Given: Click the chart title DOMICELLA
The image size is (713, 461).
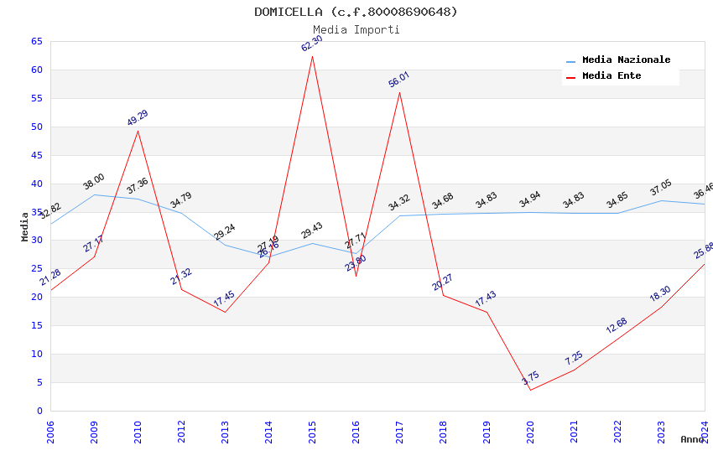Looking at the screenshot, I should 356,12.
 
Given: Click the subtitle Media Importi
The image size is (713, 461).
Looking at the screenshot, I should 356,29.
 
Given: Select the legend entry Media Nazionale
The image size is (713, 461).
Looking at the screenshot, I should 626,60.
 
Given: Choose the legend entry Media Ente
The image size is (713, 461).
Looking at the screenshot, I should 612,75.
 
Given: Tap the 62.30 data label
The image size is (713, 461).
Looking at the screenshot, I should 312,44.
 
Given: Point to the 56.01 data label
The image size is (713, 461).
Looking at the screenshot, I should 399,80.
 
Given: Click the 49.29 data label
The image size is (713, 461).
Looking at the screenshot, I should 138,118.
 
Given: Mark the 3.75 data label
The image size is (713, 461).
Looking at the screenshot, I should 530,378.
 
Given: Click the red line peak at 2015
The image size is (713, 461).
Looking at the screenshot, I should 312,56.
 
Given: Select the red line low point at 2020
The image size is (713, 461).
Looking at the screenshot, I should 530,390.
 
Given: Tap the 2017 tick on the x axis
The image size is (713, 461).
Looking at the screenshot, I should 399,432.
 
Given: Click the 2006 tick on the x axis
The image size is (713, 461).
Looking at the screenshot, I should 50,432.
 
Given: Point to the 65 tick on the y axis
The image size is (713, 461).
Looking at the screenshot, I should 36,41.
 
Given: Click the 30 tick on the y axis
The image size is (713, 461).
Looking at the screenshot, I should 36,241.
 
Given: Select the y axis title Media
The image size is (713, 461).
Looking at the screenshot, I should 25,226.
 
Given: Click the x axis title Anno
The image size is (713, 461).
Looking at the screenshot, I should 692,439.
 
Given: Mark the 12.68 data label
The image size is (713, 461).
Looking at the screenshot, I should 617,325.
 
